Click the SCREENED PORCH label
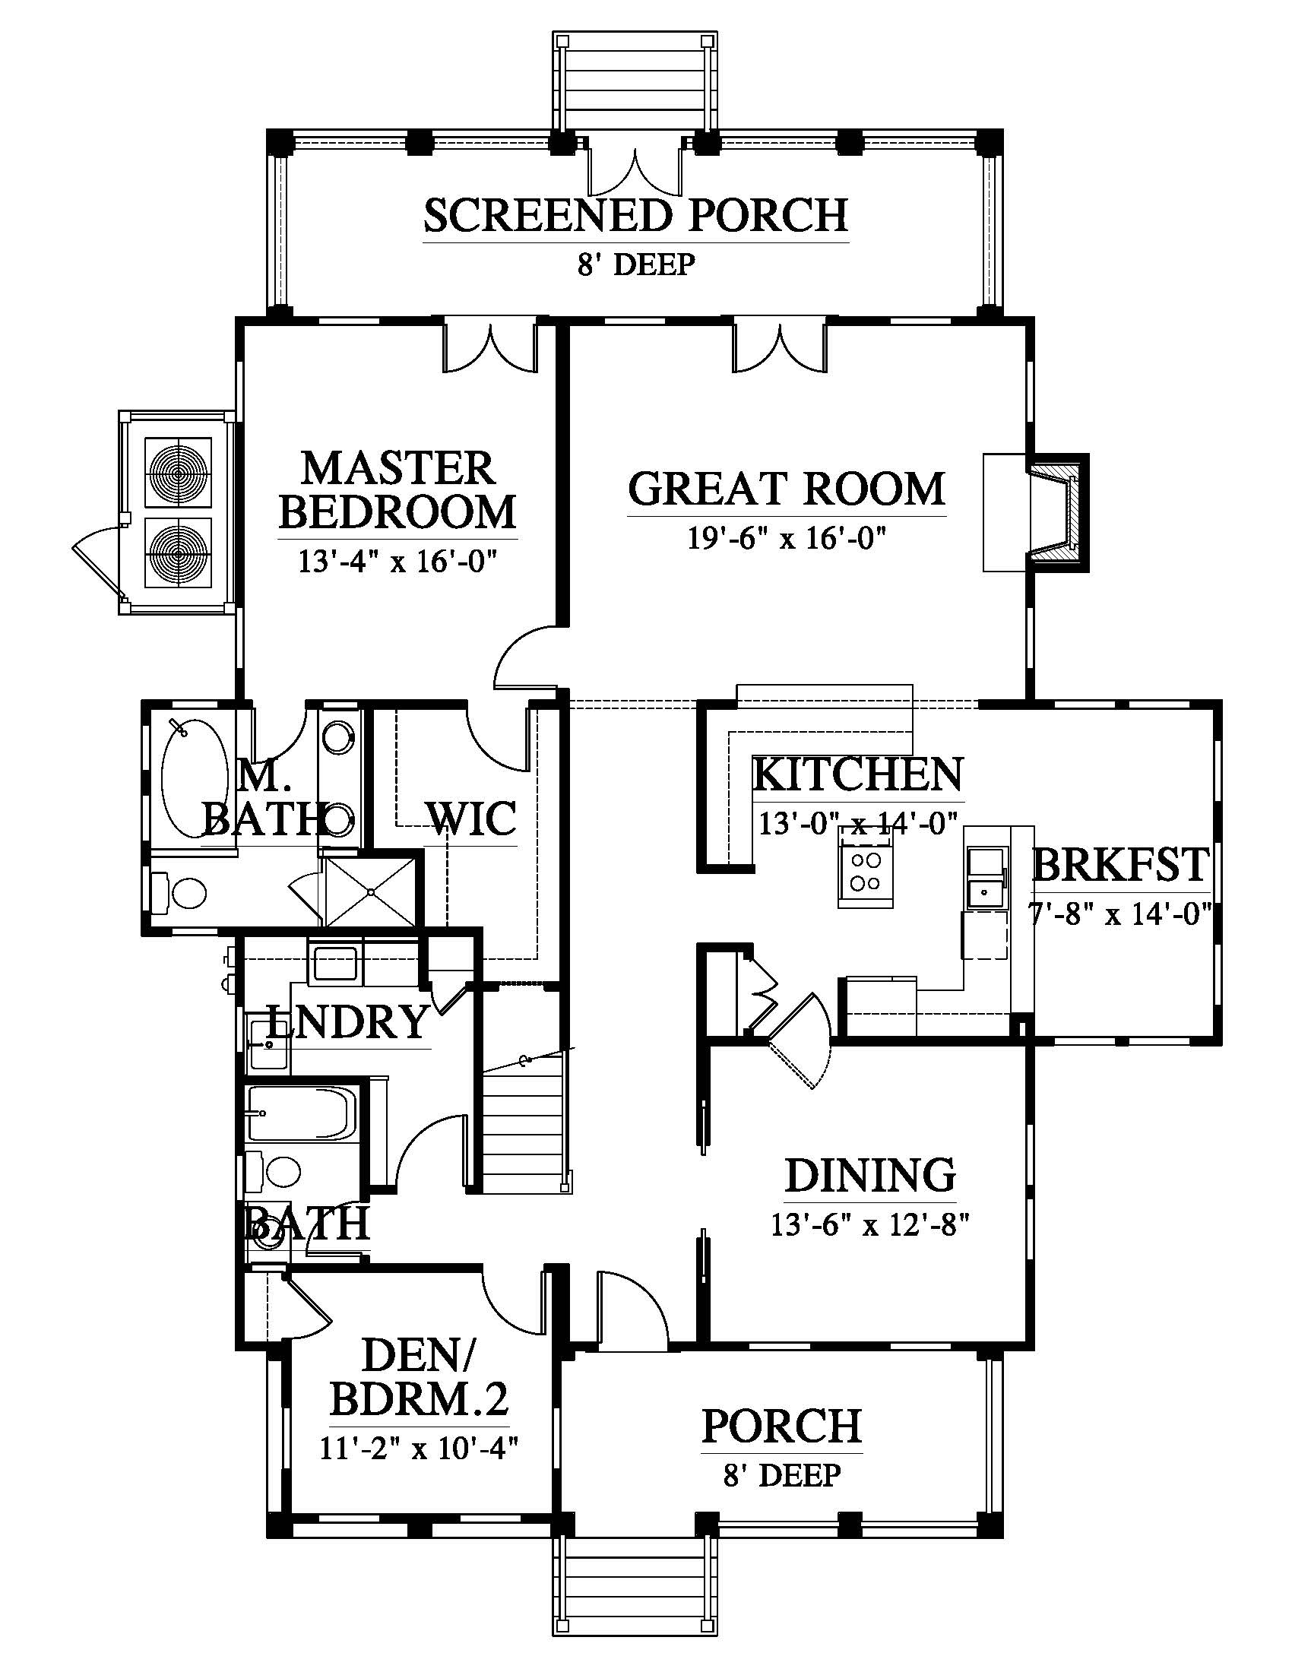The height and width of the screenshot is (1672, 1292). point(635,216)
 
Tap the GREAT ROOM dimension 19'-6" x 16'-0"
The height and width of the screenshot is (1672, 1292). point(786,539)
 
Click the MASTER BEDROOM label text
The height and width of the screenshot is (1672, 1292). point(397,491)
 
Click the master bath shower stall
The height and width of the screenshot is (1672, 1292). point(371,892)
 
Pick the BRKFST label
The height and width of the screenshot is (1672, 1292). point(1119,865)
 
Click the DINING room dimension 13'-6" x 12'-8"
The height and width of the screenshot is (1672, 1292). point(870,1226)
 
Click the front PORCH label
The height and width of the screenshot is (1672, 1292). point(781,1426)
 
